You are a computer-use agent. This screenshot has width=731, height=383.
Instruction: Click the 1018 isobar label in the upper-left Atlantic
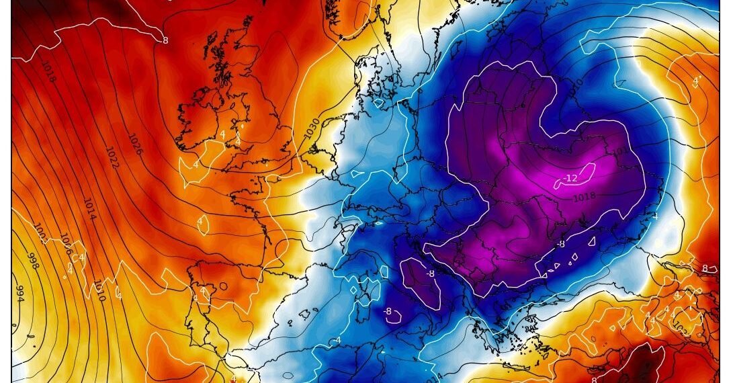pos(49,73)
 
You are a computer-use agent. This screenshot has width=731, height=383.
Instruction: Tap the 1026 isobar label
pos(134,142)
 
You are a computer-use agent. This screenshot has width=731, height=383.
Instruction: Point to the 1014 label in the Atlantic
pos(89,209)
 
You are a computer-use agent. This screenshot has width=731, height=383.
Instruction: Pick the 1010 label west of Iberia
pos(99,290)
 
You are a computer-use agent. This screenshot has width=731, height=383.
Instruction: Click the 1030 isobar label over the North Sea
pos(311,128)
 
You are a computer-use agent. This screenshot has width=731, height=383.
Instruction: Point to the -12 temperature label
pos(570,178)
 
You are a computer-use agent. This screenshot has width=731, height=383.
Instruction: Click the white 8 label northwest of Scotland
pos(165,40)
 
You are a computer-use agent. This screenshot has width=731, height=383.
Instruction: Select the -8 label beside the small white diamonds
pos(560,244)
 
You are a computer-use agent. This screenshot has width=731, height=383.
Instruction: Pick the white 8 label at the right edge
pos(705,268)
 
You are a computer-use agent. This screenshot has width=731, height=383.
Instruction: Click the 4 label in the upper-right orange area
pos(696,81)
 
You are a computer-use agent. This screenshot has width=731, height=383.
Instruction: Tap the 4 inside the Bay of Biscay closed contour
pos(200,221)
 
